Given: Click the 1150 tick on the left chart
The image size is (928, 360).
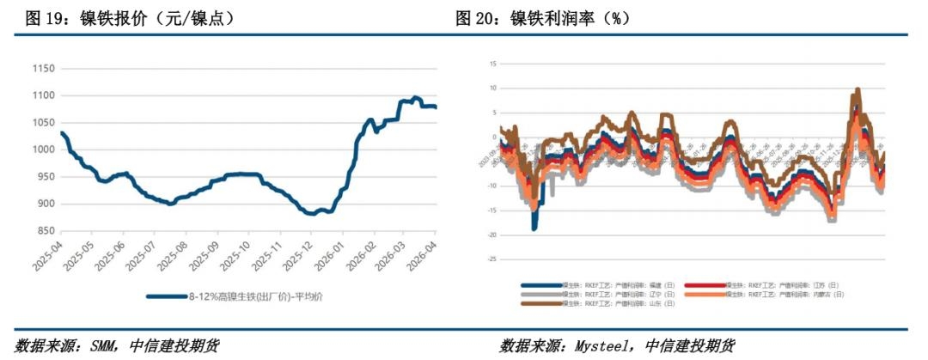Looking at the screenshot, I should (x=43, y=69).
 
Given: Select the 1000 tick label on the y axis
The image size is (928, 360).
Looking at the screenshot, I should (x=43, y=149).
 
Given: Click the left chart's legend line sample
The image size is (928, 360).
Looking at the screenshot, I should (x=167, y=296).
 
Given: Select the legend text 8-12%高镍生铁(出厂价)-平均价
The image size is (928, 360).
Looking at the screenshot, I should (x=250, y=296).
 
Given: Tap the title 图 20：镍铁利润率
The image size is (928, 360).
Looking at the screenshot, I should (x=550, y=18).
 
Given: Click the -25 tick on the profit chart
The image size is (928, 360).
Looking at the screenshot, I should (x=492, y=259).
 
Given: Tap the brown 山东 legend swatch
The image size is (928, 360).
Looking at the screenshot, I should (x=539, y=303).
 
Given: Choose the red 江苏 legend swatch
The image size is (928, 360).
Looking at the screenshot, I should (x=706, y=284).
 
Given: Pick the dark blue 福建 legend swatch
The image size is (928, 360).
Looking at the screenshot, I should (x=539, y=284).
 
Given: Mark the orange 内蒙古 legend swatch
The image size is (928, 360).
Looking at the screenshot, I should (x=706, y=294).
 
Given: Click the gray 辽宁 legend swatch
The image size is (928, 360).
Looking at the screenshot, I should (x=539, y=294).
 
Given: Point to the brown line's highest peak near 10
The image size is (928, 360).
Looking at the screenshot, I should (x=858, y=89).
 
